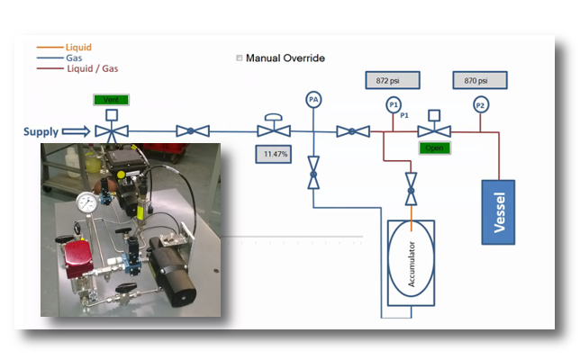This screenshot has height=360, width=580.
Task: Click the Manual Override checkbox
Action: (240, 58)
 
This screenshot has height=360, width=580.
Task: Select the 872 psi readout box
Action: (393, 80)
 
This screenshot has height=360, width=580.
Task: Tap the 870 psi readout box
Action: (480, 80)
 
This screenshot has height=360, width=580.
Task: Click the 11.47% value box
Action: (274, 155)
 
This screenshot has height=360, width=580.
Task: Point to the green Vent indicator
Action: (111, 100)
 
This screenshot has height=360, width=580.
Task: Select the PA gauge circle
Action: (313, 99)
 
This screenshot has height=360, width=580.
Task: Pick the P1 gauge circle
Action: (393, 105)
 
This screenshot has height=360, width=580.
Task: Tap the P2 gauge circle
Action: (480, 105)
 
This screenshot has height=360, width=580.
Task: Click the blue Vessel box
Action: (498, 212)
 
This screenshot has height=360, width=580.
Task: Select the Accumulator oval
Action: (411, 262)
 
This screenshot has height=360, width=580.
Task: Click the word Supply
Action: (41, 132)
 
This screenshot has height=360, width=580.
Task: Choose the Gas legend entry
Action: (75, 58)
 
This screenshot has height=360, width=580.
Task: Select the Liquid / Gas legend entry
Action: (92, 67)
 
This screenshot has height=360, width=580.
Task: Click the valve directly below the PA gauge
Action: (313, 172)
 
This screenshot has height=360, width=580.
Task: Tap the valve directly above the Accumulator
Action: (411, 190)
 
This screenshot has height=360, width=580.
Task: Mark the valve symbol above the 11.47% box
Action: (273, 130)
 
